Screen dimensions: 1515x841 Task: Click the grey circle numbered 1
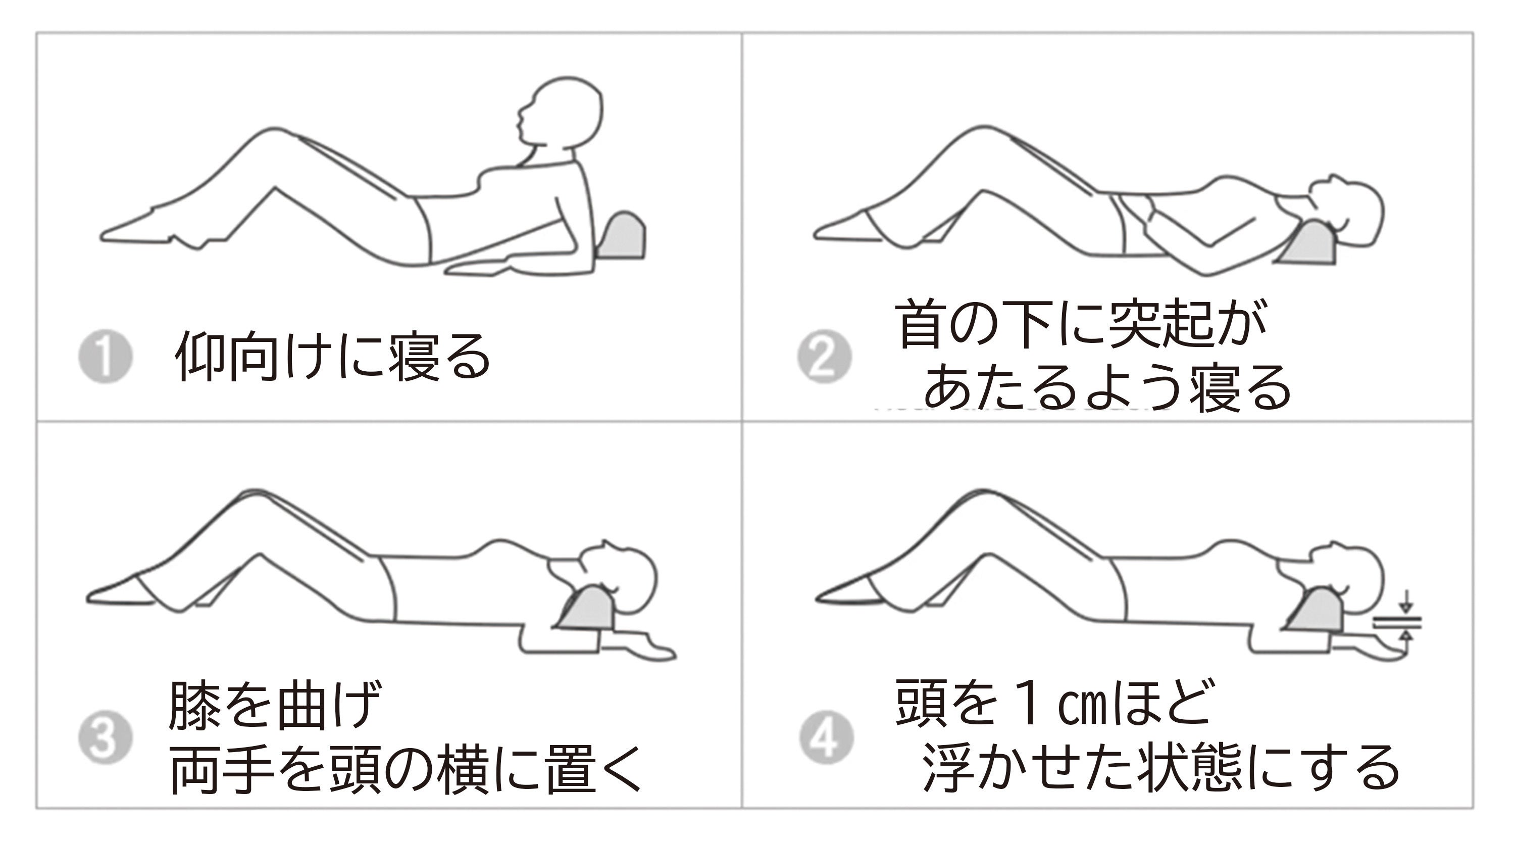[x=105, y=357]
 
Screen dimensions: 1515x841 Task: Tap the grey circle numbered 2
[x=824, y=357]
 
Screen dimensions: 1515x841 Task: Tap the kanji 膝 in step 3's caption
[x=194, y=705]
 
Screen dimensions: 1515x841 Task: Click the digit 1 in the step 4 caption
[x=1029, y=702]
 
